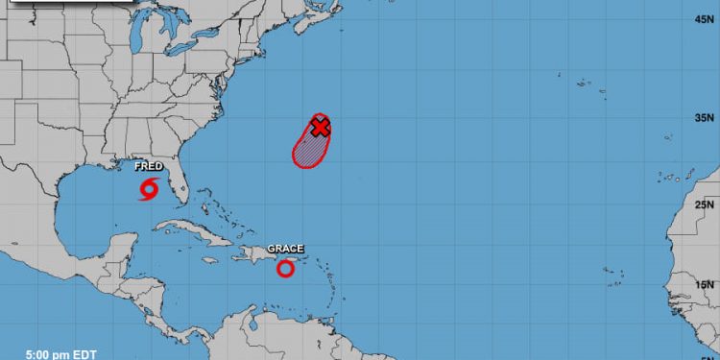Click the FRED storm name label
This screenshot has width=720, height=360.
coord(148,166)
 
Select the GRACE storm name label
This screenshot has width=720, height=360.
coord(285,249)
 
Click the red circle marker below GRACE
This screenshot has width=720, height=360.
coord(285,269)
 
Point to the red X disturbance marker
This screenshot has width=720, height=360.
coord(321,126)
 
